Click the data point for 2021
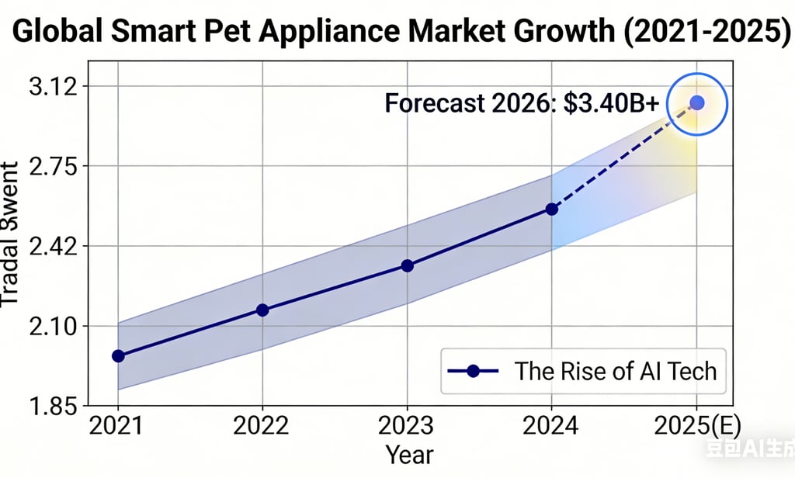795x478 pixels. (118, 356)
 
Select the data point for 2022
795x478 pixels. (262, 310)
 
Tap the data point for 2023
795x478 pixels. (407, 266)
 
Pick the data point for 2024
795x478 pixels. (552, 210)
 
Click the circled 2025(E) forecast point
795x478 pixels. (697, 102)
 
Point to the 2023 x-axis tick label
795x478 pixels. (407, 427)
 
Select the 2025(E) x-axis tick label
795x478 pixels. (696, 427)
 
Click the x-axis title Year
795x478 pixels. (409, 454)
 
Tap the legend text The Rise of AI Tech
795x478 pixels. (616, 371)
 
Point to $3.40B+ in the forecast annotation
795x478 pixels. (615, 103)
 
